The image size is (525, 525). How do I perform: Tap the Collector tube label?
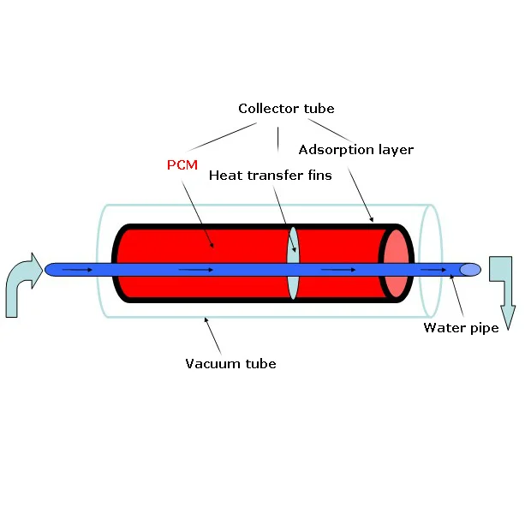pos(286,109)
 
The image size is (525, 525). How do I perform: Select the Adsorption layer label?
pos(356,150)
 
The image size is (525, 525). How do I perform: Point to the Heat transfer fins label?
pos(271,176)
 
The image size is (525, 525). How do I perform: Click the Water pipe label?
pos(461,327)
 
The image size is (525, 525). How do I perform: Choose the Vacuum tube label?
pos(230,364)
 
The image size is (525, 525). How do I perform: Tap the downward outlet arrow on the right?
pos(503,291)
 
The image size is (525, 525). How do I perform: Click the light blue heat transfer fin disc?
pos(293,264)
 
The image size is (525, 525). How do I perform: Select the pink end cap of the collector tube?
pos(396,264)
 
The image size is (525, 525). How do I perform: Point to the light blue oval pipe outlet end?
pos(470,270)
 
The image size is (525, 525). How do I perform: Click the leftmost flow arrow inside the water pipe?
pos(78,271)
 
